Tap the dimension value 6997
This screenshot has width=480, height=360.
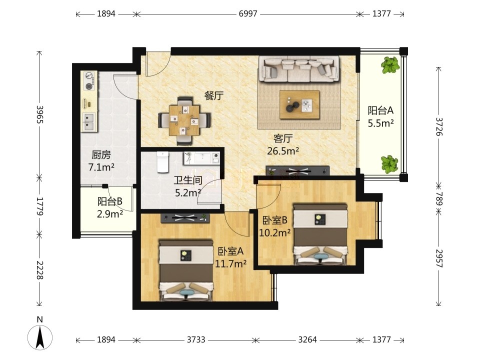point(248,14)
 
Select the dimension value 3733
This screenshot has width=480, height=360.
point(196,340)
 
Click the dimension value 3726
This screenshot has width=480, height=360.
point(439,126)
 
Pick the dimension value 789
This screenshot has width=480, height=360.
point(439,198)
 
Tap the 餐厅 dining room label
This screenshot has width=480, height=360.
point(214,96)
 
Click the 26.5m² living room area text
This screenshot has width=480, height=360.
point(283,151)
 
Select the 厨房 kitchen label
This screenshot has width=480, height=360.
point(101,155)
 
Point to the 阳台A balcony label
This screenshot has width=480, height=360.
point(380,110)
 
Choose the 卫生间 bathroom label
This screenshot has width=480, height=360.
point(188,180)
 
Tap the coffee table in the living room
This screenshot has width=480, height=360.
point(299,104)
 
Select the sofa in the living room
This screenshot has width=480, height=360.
point(299,69)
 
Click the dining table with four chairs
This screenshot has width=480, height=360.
point(184,120)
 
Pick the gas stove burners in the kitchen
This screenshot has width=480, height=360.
point(89,80)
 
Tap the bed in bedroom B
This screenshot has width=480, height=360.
point(320,234)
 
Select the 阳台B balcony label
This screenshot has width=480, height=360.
point(110,201)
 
